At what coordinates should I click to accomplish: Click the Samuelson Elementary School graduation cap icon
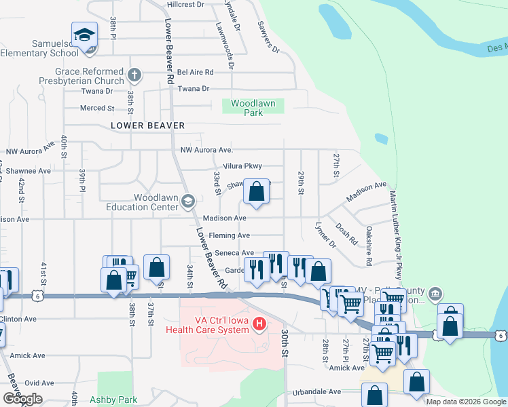coord(85,35)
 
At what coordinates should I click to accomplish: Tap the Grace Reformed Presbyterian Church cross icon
coord(134,75)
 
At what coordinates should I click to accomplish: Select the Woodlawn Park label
coord(252,108)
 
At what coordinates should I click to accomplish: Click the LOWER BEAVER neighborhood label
coord(147,125)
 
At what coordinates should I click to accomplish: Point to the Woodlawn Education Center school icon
coord(187,201)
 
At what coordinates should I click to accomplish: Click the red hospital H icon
coord(258,324)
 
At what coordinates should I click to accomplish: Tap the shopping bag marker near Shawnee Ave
coord(256,192)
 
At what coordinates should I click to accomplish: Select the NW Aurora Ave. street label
coord(206,150)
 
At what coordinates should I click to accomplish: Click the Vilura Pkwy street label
coord(242,166)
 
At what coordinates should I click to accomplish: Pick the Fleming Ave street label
coord(230,235)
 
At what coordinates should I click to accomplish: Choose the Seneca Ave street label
coord(234,252)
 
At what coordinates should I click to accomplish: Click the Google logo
coord(22,399)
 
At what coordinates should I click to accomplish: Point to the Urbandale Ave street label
coord(316,392)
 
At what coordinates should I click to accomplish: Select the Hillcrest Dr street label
coord(185,4)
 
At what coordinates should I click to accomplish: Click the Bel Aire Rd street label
coord(195,72)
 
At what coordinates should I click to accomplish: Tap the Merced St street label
coord(97,108)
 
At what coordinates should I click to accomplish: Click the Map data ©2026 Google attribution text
coord(466,402)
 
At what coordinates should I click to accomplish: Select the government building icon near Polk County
coord(435,294)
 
